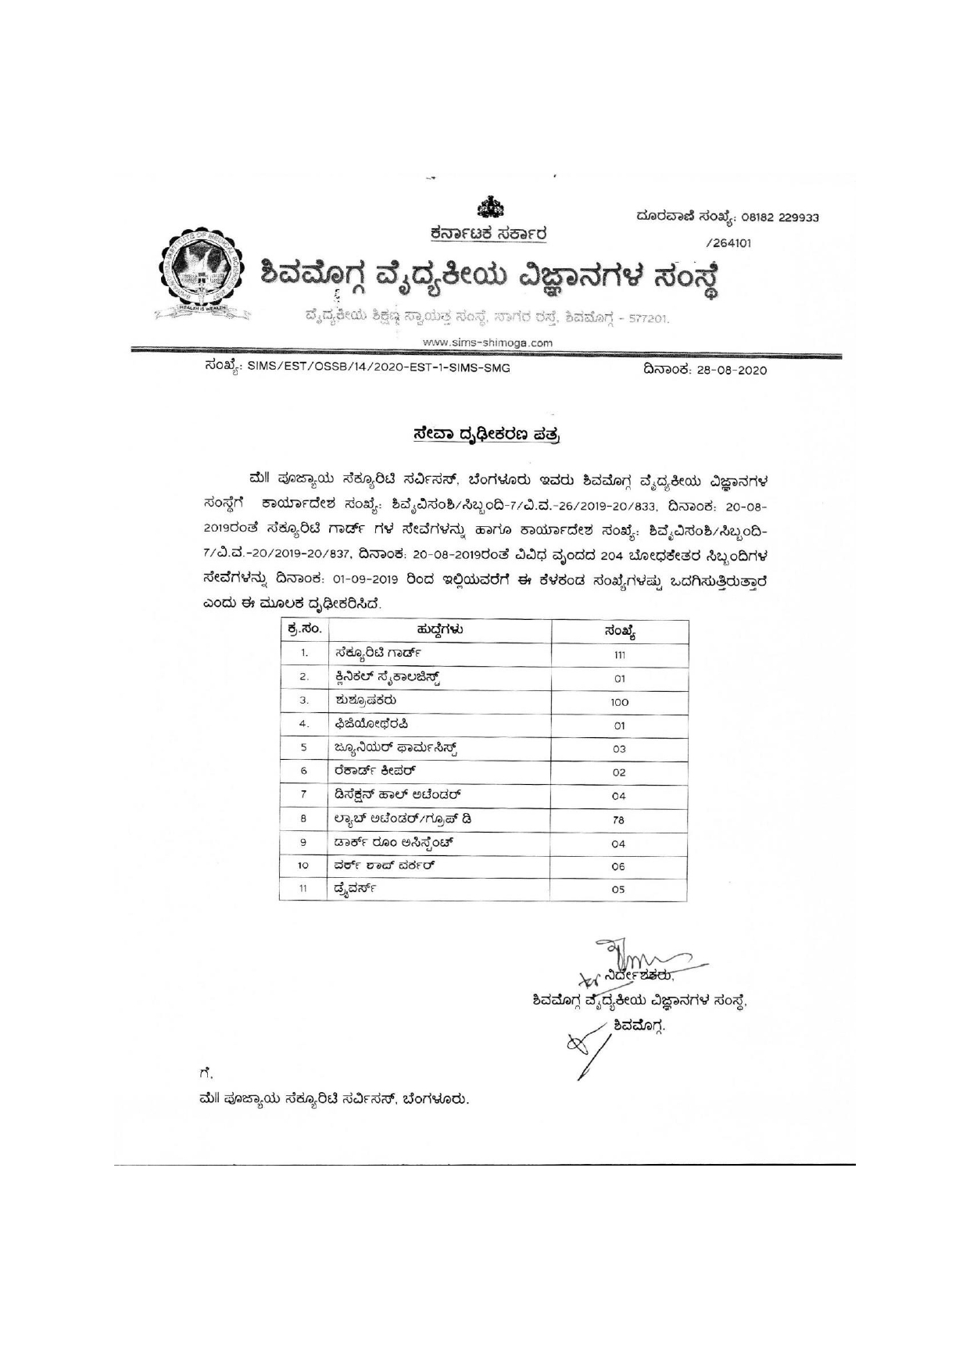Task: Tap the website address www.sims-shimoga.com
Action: (488, 342)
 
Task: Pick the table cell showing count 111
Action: (620, 654)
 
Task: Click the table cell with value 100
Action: (620, 702)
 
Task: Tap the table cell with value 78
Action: (620, 820)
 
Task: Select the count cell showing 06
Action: (620, 866)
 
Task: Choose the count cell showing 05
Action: (620, 889)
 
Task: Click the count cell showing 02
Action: (620, 772)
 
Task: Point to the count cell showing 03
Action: (620, 749)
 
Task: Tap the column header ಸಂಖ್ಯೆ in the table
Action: (620, 631)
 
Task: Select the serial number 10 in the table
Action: (303, 865)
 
